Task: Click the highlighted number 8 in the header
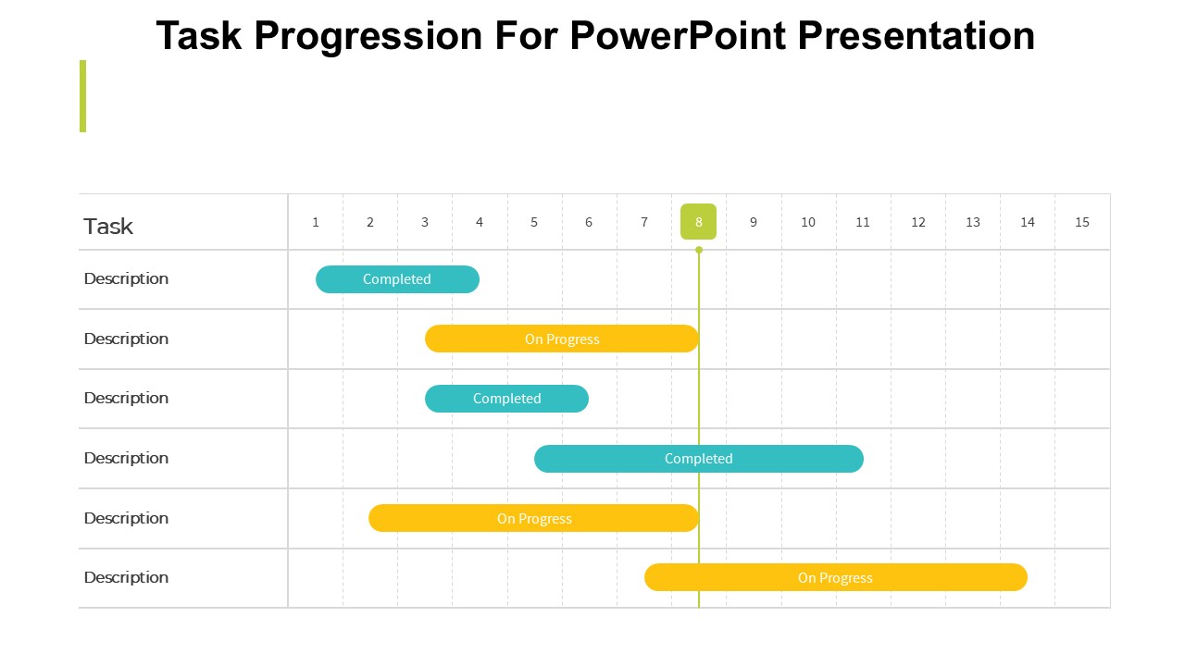[698, 221]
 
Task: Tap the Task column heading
[108, 227]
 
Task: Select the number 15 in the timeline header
[1082, 222]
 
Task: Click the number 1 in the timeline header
[316, 222]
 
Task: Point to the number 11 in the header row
[862, 222]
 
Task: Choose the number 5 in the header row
[534, 222]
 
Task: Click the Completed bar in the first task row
[397, 279]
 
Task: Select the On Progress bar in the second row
[562, 339]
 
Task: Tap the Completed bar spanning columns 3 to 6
[506, 399]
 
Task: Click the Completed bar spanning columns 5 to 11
[699, 459]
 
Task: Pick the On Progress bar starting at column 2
[534, 518]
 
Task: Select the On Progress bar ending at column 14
[836, 577]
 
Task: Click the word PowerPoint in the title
[677, 35]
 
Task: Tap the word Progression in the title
[368, 37]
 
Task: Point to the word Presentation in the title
[917, 35]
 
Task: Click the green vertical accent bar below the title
[82, 96]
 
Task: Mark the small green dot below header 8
[699, 250]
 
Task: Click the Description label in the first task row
[126, 278]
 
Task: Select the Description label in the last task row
[126, 577]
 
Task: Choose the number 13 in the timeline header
[972, 222]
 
